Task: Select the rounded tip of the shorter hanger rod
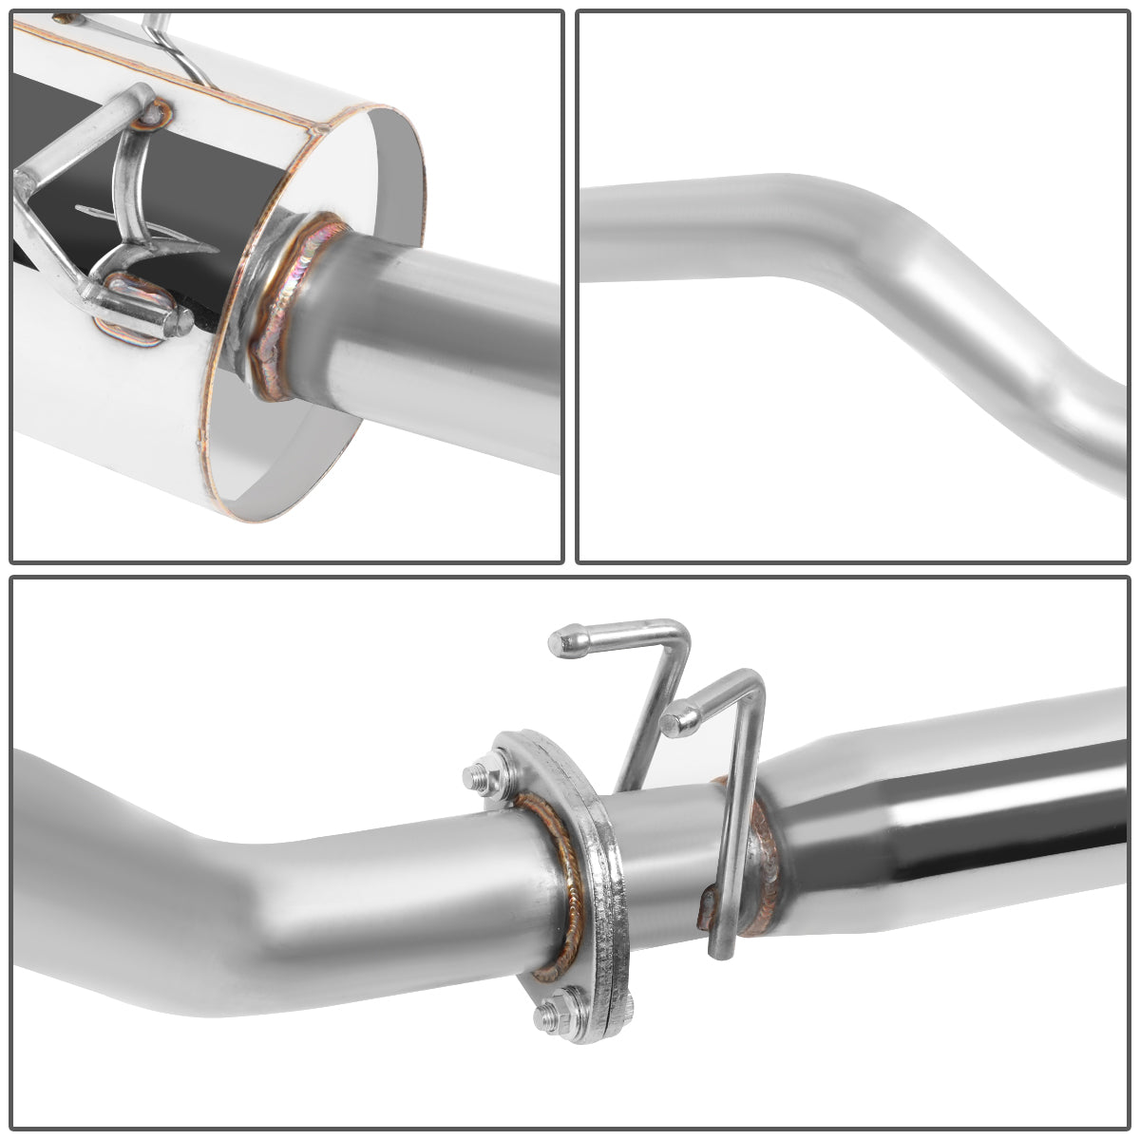[x=676, y=718]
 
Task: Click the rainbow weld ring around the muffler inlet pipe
[x=285, y=304]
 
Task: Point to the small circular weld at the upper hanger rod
[x=152, y=115]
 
